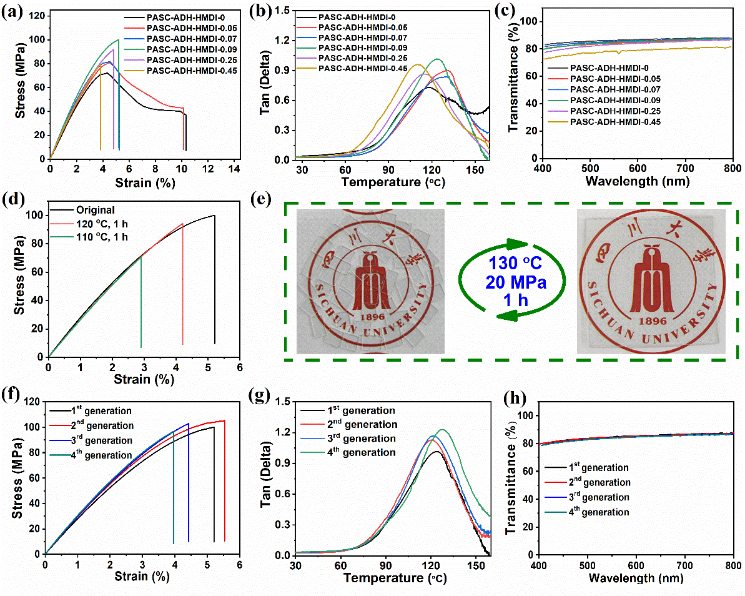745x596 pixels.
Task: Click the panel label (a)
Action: (12, 11)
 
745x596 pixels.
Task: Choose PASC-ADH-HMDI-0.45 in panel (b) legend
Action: (362, 68)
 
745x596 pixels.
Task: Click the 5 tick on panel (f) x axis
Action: (207, 564)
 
